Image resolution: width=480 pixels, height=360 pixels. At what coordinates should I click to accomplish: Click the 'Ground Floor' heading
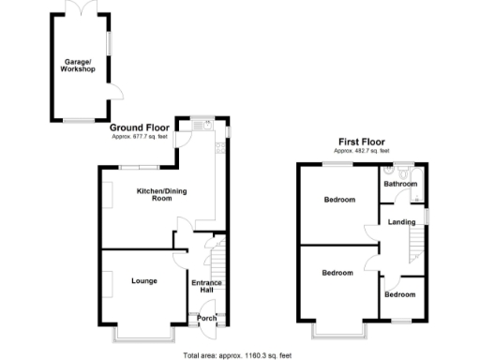coord(140,127)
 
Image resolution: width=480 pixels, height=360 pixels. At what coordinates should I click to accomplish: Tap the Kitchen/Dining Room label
coord(153,194)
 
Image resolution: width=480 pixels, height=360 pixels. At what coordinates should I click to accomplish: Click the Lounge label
coord(143,280)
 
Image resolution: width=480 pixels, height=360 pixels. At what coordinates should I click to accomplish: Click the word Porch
coord(207,319)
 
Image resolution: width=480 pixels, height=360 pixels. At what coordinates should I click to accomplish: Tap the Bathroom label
coord(400,184)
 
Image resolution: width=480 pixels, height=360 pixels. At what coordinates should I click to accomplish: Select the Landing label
coord(402,221)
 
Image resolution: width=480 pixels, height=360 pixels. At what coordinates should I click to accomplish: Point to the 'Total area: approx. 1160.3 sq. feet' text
coord(238,354)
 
